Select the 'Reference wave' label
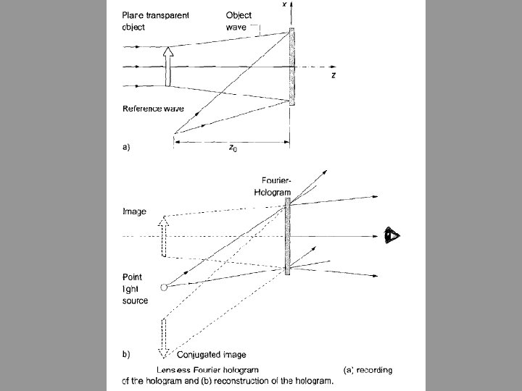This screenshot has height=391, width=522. (153, 109)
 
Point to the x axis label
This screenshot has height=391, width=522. (283, 4)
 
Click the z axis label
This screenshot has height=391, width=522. (333, 75)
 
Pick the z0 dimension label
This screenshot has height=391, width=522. (232, 149)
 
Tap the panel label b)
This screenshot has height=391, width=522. (126, 355)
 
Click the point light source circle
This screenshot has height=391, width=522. (164, 287)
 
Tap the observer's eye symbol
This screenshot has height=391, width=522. (391, 236)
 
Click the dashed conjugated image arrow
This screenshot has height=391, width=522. (165, 337)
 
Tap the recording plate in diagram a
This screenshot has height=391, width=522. (292, 67)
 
